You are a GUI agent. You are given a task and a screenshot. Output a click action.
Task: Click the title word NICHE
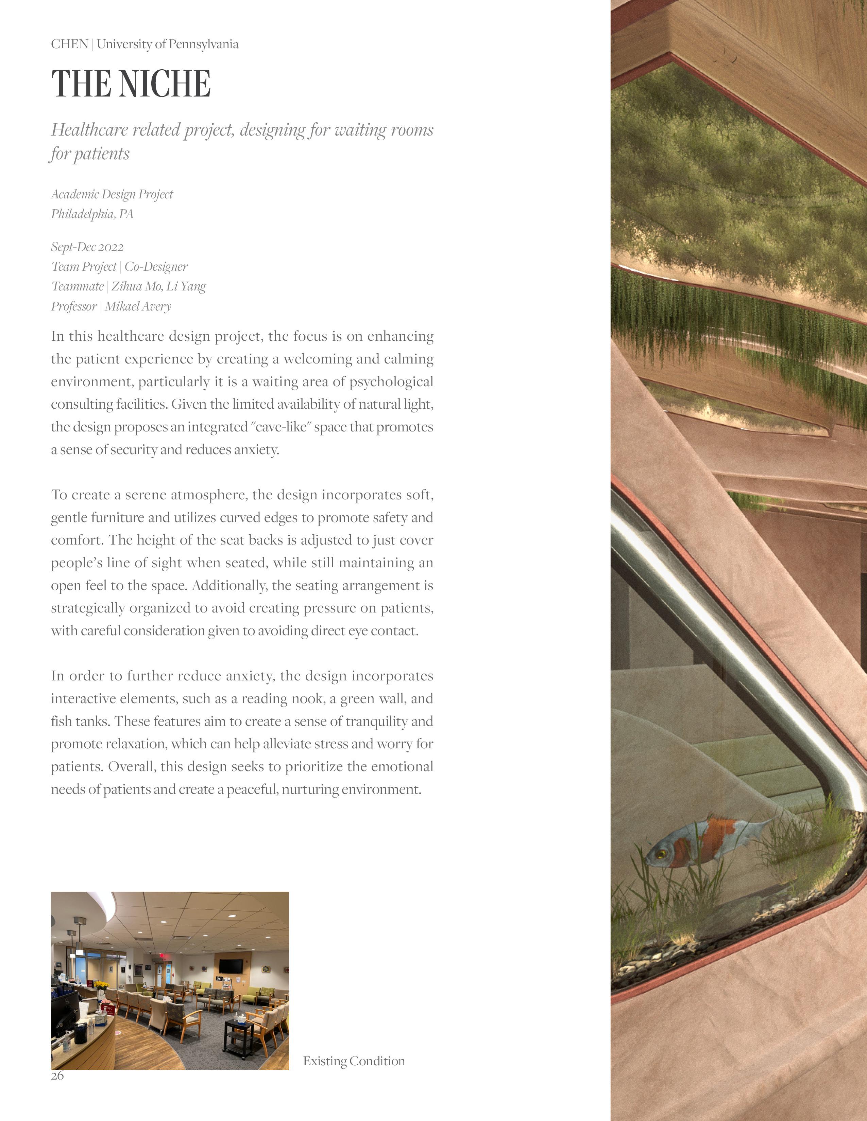(x=164, y=84)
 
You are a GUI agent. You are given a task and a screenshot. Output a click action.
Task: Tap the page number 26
(x=57, y=1075)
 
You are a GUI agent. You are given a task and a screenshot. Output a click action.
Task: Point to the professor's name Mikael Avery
(x=138, y=306)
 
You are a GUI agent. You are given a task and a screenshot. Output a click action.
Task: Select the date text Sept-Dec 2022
(x=87, y=247)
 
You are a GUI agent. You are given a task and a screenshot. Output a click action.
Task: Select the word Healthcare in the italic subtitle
(x=89, y=130)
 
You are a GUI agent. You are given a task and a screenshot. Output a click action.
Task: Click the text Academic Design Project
(x=112, y=194)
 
